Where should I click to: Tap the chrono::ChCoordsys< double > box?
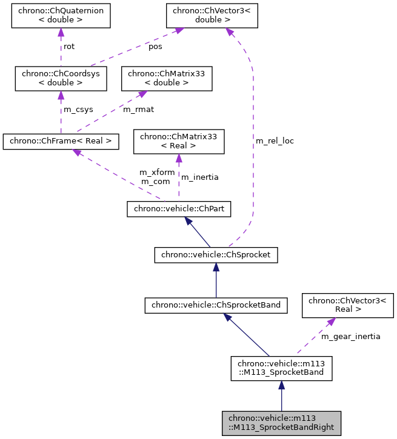click(61, 78)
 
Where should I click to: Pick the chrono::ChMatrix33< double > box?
click(167, 78)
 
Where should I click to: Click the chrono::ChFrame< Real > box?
click(61, 142)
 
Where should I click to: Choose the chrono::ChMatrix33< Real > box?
click(179, 142)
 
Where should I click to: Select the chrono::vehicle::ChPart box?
click(179, 209)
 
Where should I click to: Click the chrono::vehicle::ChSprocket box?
click(216, 256)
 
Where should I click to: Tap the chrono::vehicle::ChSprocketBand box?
click(215, 305)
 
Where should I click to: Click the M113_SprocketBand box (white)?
click(281, 368)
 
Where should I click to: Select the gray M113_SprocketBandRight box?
click(281, 423)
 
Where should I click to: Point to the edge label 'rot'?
click(69, 46)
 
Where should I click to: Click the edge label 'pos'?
click(155, 46)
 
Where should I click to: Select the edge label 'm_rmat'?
click(138, 110)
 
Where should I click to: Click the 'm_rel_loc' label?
click(275, 141)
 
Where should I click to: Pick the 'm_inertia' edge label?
click(200, 177)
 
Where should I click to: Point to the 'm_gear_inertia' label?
click(350, 337)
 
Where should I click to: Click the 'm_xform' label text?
click(157, 173)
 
